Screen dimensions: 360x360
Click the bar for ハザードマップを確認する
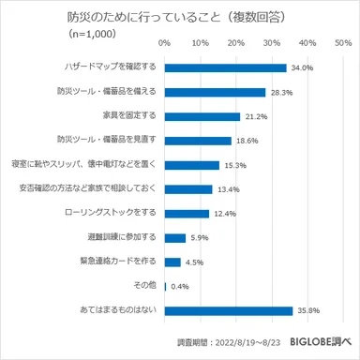[x=225, y=67]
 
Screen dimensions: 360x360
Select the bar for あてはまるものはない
[x=228, y=310]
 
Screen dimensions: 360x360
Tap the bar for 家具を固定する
[x=202, y=116]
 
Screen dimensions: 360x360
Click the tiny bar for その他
[x=165, y=286]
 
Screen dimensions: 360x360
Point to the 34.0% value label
[x=302, y=67]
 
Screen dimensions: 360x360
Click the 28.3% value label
[x=281, y=92]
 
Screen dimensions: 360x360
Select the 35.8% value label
[x=308, y=310]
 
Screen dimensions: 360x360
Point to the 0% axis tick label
[x=165, y=43]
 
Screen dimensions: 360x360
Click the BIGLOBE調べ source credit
[x=322, y=343]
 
